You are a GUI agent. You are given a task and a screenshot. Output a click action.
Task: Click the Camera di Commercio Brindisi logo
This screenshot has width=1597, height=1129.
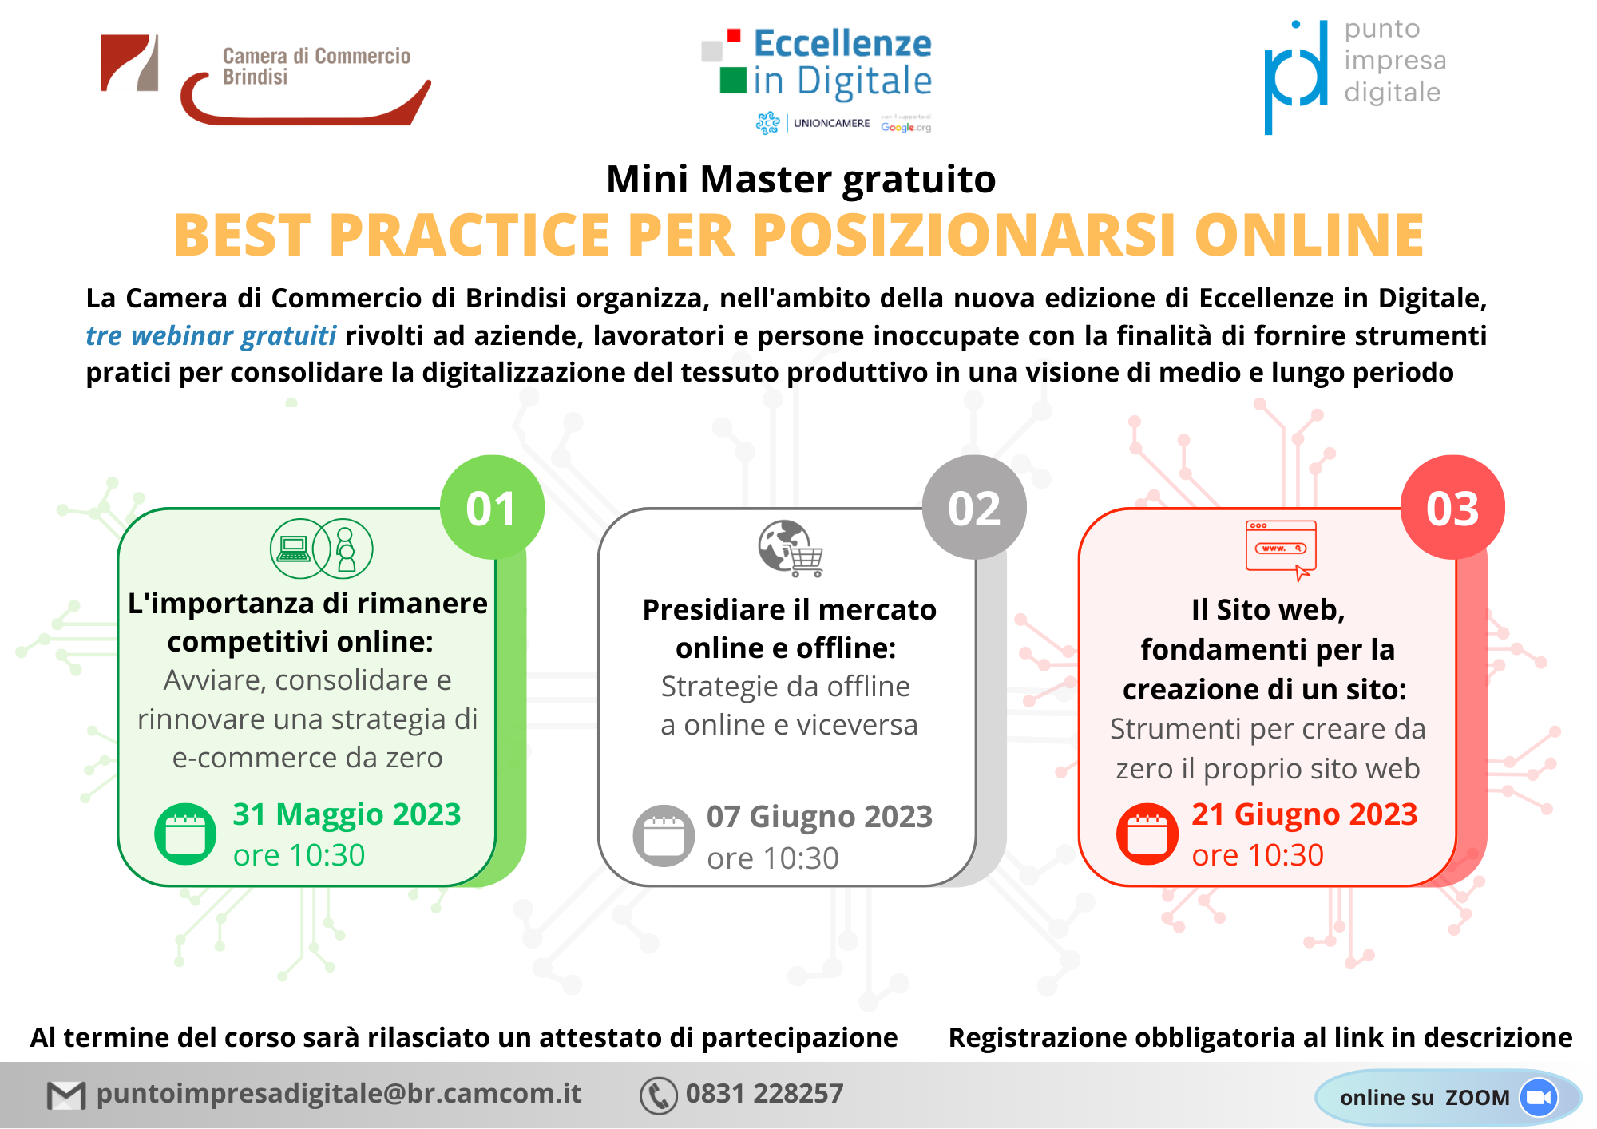266,79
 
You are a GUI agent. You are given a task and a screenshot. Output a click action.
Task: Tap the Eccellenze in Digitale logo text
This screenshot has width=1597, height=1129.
842,62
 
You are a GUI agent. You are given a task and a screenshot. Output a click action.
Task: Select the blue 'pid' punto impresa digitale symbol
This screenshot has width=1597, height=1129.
1296,77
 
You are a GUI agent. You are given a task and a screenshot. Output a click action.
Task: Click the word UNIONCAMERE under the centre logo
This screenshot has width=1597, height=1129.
831,123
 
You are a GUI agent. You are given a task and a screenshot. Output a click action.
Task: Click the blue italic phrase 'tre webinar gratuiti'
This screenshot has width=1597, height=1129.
211,335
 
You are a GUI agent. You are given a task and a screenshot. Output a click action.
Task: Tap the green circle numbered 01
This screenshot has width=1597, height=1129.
492,507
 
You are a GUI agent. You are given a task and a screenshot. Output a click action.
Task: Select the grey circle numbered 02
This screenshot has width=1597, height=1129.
974,507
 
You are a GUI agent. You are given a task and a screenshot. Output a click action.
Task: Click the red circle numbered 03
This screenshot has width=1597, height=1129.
1453,507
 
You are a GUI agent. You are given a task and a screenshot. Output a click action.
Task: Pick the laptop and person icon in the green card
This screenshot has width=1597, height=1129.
322,549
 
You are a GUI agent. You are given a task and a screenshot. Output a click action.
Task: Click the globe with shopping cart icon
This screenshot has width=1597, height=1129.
791,549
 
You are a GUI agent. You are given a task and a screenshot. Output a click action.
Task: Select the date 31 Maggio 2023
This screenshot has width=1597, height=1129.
347,814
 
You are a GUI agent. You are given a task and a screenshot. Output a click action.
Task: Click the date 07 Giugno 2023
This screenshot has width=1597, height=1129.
819,817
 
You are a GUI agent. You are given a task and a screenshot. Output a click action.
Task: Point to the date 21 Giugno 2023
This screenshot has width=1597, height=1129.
1304,814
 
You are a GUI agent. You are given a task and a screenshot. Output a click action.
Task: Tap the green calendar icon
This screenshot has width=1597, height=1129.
185,834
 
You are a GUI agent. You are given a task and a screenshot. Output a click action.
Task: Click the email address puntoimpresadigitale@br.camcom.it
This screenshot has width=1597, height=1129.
339,1093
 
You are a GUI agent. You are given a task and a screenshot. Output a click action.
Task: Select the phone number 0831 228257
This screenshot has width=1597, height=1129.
764,1093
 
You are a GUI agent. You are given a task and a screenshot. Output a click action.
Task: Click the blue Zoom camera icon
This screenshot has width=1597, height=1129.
1539,1098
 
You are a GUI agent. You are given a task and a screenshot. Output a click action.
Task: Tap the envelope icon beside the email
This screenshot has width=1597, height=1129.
66,1095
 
